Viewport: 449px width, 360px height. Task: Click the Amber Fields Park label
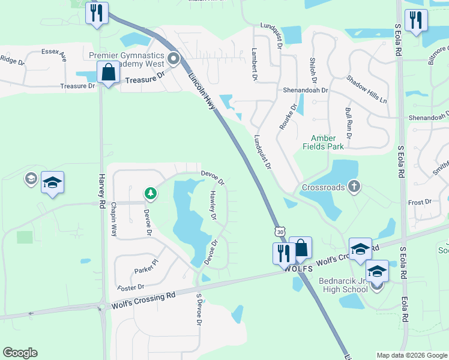tap(327, 142)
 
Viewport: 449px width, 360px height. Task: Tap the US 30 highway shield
tap(280, 231)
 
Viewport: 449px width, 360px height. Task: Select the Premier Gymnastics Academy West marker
tap(174, 59)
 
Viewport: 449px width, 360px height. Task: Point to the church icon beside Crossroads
tap(354, 187)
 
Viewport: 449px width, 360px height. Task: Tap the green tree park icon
tap(150, 193)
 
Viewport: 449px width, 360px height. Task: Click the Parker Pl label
tap(146, 263)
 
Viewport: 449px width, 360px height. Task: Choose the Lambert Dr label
tap(255, 64)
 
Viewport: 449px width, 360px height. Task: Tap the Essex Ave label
tap(53, 55)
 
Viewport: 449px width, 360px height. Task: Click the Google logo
tap(20, 353)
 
